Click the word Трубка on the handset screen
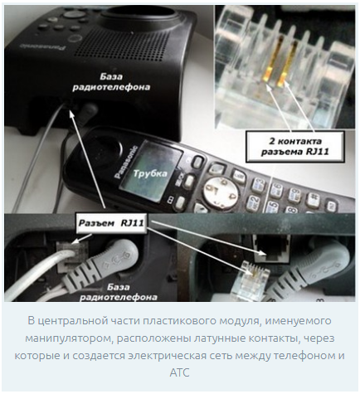[150, 173]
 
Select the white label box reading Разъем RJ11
[111, 223]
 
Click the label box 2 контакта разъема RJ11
[295, 147]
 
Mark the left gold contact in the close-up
[272, 61]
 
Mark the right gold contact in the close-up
[288, 64]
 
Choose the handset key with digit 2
[254, 202]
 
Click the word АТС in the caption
[180, 372]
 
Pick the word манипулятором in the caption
[68, 338]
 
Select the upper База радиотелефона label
[111, 82]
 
